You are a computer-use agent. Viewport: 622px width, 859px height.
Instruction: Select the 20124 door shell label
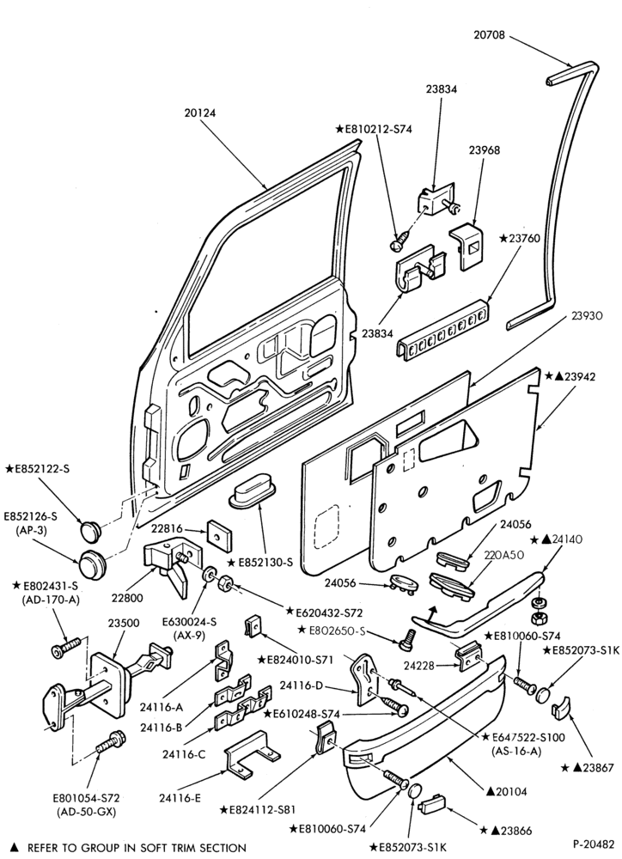tap(200, 113)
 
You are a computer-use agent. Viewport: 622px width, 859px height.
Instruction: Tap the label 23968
tap(484, 150)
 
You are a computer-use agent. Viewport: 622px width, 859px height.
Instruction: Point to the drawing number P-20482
tap(594, 843)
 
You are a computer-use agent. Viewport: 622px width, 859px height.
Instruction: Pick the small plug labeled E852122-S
tap(91, 530)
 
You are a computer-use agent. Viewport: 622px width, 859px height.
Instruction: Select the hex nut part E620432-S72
tap(223, 584)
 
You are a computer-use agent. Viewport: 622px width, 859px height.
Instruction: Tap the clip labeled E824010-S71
tap(253, 625)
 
